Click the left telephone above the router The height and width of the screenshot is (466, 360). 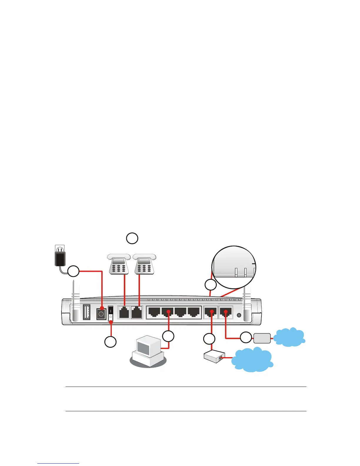click(119, 264)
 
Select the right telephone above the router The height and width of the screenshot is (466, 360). click(145, 264)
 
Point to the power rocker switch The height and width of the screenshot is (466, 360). click(110, 314)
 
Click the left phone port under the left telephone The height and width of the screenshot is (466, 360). click(124, 312)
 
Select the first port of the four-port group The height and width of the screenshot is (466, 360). click(154, 312)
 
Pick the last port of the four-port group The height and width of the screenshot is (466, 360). click(194, 312)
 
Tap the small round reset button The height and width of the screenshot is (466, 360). click(239, 315)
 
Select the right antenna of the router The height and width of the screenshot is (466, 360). click(247, 303)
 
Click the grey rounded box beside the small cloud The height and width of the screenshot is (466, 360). click(262, 338)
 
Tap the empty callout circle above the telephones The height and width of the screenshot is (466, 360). click(132, 238)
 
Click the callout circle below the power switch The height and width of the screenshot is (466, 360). click(110, 342)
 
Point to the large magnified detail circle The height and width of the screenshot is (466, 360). click(234, 267)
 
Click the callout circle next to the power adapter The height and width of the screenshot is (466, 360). click(74, 271)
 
